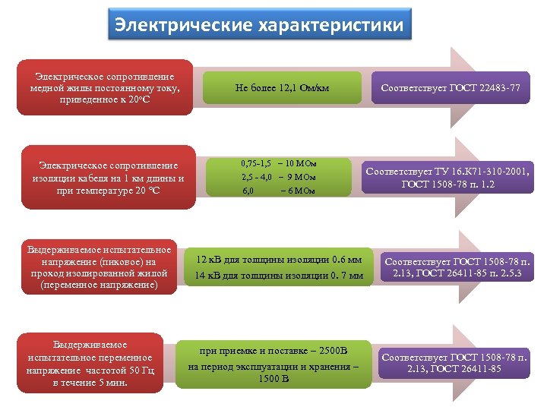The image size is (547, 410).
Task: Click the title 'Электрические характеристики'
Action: point(259,25)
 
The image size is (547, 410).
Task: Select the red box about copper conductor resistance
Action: point(105,87)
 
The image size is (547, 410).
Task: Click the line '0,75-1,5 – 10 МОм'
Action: point(279,163)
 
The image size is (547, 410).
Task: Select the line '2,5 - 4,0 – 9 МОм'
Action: point(279,177)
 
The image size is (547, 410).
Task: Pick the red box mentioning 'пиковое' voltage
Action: point(100,268)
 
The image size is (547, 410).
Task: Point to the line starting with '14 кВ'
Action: point(279,274)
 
